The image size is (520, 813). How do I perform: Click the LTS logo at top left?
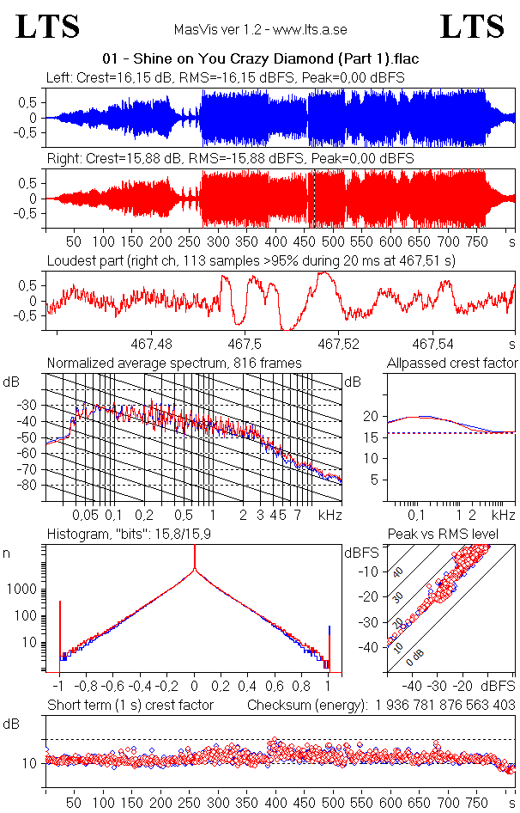click(48, 27)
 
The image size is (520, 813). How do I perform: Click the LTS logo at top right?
click(472, 27)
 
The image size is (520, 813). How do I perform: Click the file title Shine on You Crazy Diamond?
click(259, 59)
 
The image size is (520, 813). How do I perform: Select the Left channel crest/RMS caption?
click(226, 78)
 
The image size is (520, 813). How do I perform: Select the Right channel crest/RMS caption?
click(230, 160)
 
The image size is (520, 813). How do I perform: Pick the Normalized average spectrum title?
click(174, 364)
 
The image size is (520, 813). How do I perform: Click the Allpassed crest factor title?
click(452, 364)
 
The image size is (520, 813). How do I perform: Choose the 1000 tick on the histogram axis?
click(24, 590)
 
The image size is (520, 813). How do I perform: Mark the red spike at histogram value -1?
click(60, 632)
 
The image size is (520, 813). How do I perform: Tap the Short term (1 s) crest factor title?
click(130, 706)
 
